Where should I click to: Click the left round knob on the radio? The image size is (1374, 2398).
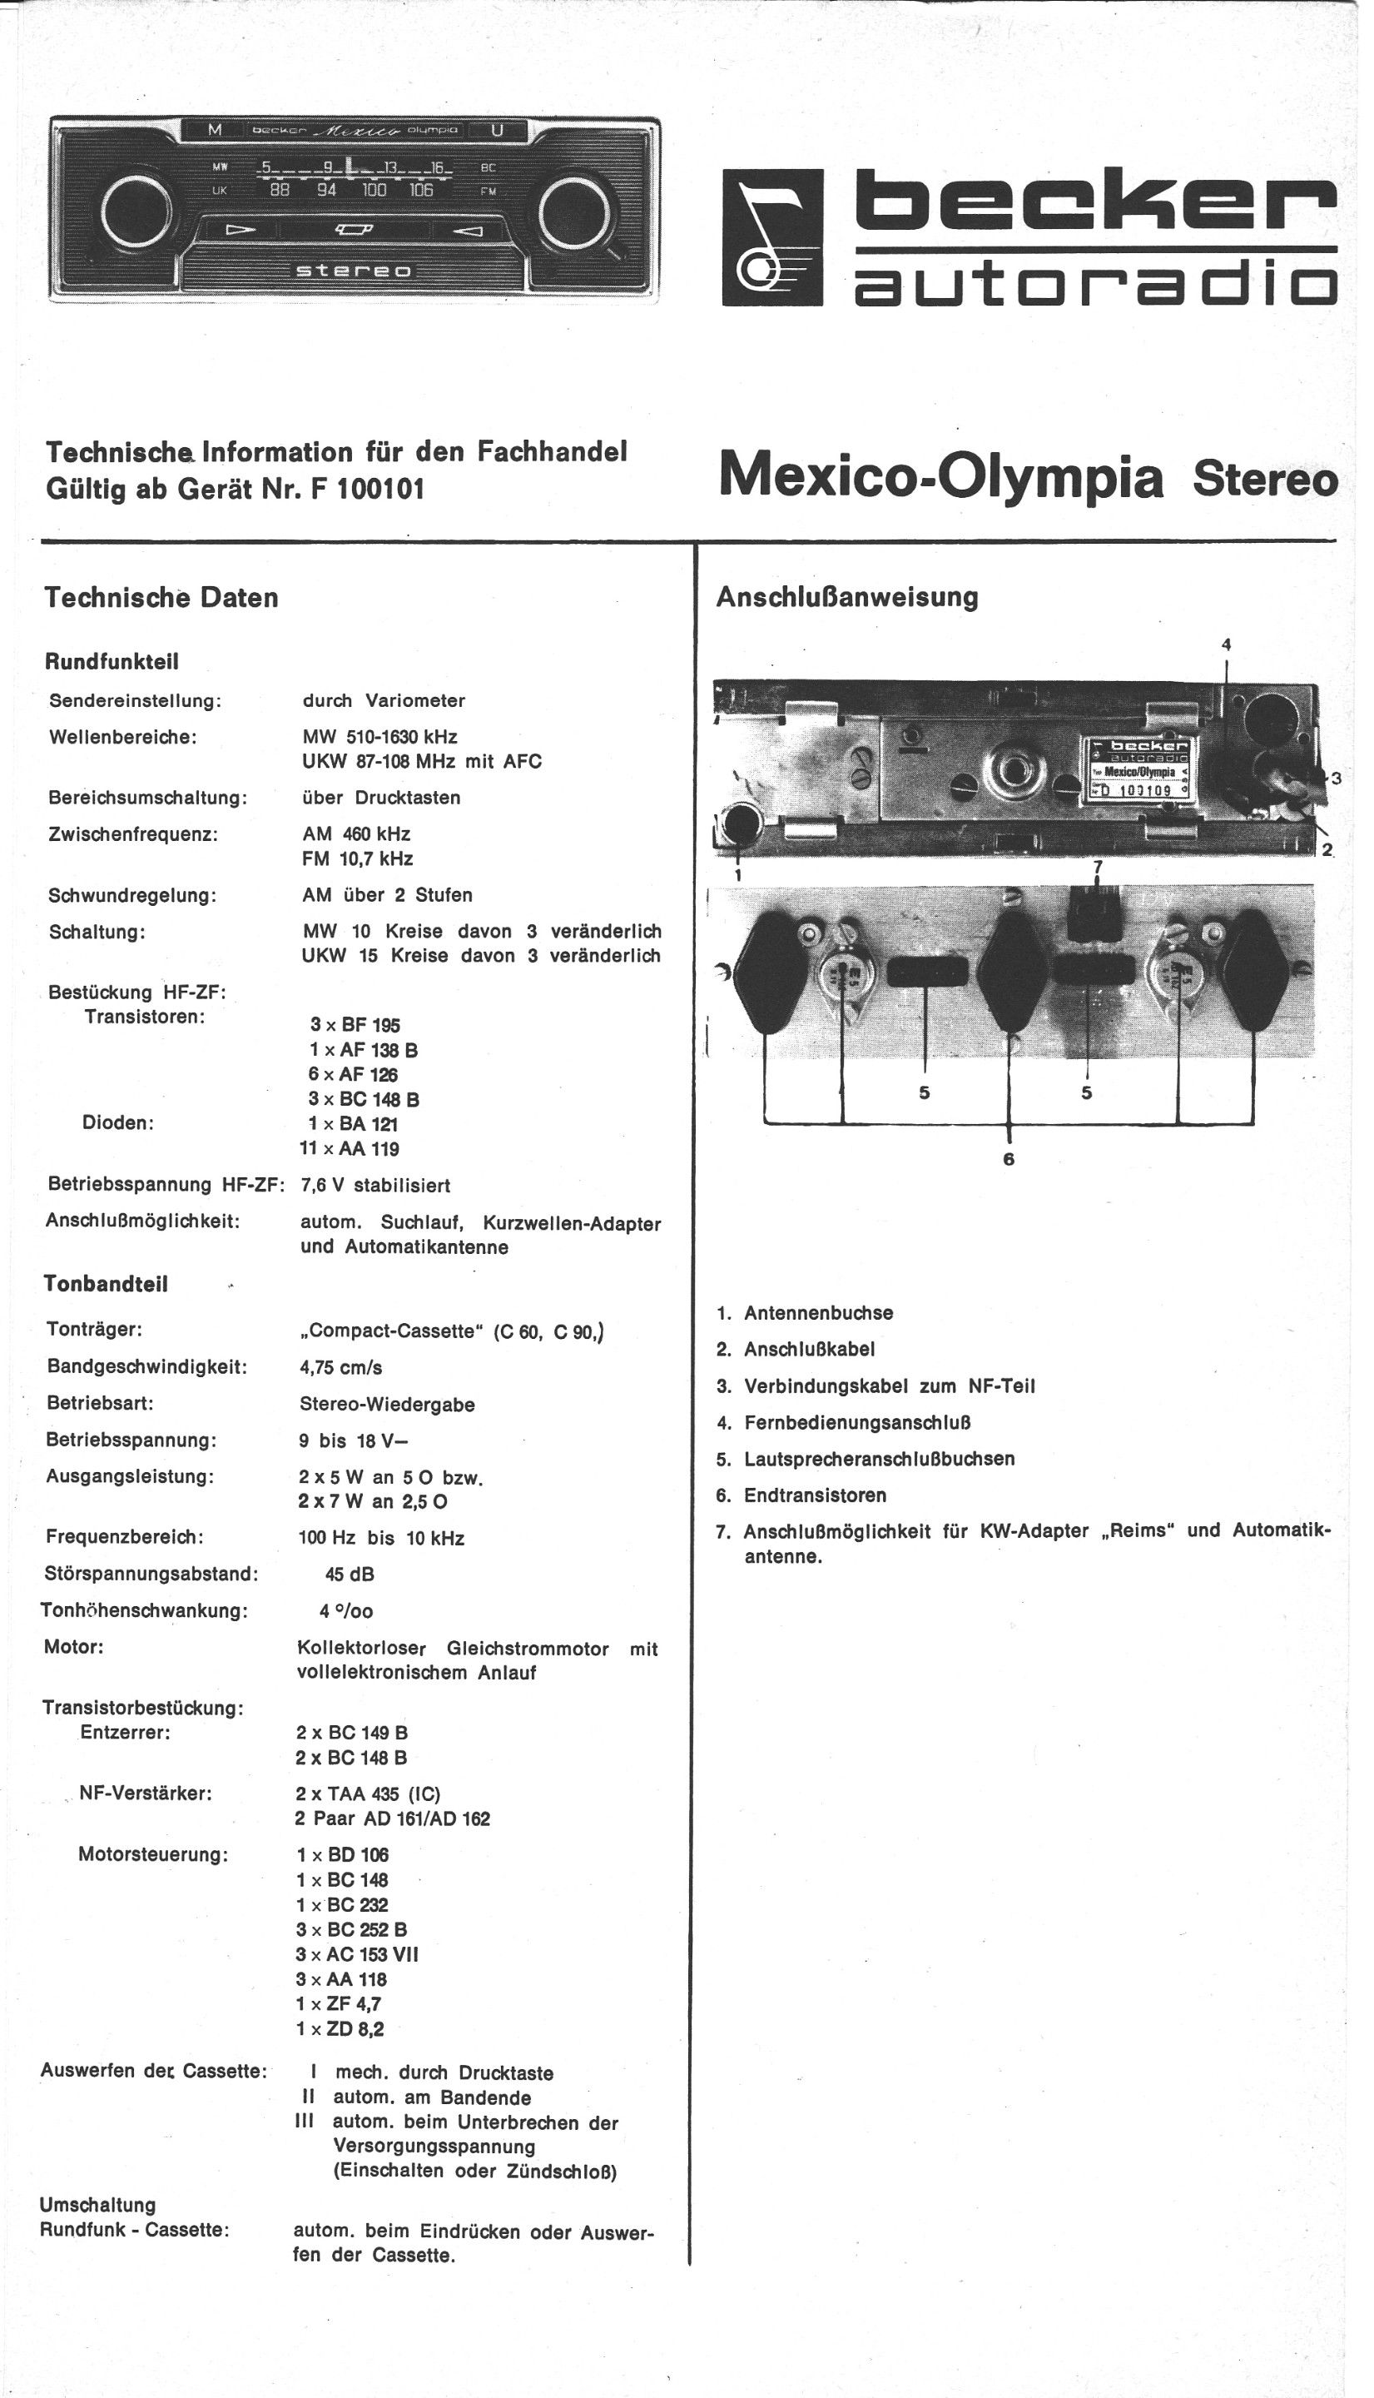[136, 209]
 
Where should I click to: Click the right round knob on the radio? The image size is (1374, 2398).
[573, 209]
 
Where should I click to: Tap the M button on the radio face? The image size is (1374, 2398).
[216, 129]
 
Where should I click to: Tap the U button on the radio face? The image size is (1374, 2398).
[496, 129]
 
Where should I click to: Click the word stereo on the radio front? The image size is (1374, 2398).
[354, 271]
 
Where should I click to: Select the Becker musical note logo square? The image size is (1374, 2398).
[772, 237]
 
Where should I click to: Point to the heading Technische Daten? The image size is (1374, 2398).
[161, 598]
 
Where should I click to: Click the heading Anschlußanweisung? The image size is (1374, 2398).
[846, 597]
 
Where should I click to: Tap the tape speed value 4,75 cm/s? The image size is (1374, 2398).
[340, 1367]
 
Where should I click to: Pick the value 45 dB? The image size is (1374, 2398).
[350, 1574]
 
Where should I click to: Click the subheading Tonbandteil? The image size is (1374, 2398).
[106, 1284]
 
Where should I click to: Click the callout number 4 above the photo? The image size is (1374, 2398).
[1226, 644]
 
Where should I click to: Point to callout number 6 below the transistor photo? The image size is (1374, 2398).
[1009, 1158]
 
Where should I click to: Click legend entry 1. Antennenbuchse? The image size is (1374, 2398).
[805, 1313]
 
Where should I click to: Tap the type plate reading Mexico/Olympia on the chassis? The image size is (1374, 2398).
[1135, 771]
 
